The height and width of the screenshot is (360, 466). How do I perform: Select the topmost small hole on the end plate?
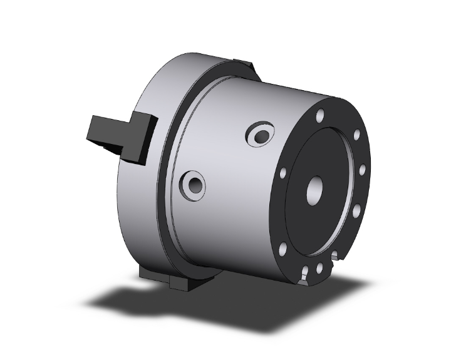click(320, 116)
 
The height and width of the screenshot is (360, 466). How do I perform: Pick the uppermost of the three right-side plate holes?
click(357, 134)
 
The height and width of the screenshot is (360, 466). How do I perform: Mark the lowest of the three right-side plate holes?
click(356, 212)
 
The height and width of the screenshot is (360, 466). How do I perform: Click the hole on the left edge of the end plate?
click(283, 172)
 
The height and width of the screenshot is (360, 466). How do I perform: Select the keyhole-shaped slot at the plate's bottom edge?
click(304, 274)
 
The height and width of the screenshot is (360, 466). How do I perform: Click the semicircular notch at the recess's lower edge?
click(338, 254)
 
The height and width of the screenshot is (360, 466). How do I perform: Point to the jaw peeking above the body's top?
click(244, 63)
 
